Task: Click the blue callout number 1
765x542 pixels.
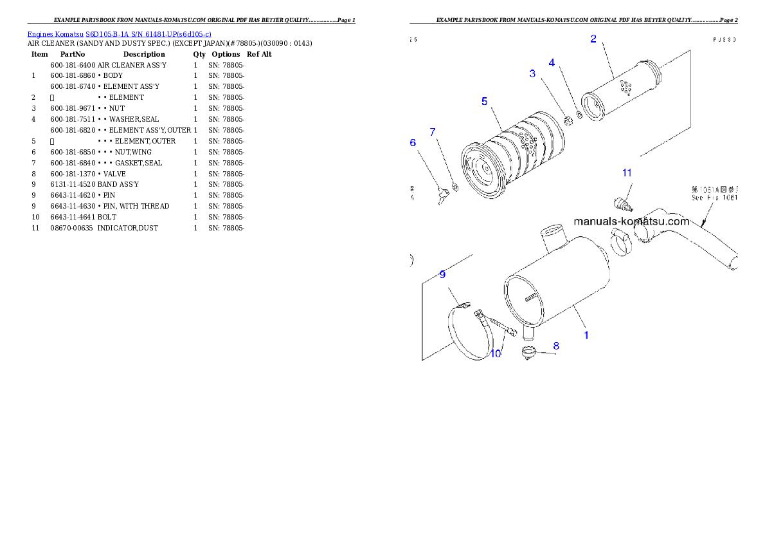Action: click(x=586, y=335)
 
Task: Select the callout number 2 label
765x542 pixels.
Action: click(x=593, y=39)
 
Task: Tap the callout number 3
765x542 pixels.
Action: click(x=532, y=73)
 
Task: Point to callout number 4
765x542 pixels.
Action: click(x=552, y=62)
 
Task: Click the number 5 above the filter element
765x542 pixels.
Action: click(x=484, y=101)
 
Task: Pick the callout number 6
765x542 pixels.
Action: click(x=413, y=142)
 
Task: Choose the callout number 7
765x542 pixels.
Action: click(x=433, y=132)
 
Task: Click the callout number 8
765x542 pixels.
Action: click(x=556, y=346)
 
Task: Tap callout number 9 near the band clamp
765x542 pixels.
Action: click(x=442, y=274)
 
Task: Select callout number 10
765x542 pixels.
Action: click(x=496, y=353)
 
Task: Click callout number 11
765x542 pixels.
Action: click(x=627, y=173)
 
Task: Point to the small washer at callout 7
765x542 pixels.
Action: click(x=455, y=187)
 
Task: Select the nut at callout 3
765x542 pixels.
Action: click(x=568, y=120)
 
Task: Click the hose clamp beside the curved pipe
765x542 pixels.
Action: click(x=622, y=243)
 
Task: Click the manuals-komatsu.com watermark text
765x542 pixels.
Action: click(x=631, y=221)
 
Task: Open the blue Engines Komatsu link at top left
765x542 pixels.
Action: click(x=119, y=33)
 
